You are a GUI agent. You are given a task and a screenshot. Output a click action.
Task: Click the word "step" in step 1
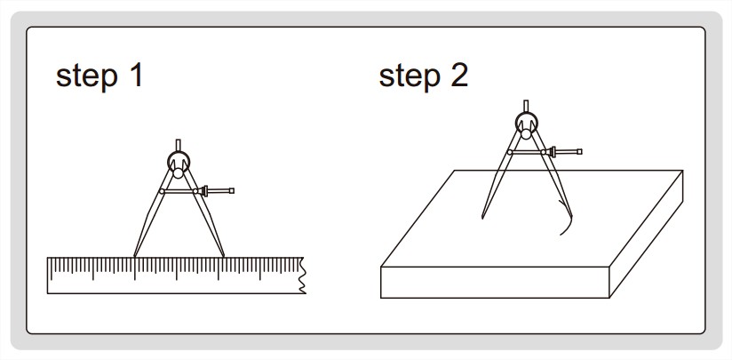tap(86, 76)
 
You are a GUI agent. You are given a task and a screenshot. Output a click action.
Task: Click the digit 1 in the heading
tap(135, 75)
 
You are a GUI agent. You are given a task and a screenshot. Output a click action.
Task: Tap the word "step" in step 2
tap(410, 76)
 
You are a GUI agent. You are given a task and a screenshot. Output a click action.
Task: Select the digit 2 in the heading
tap(459, 75)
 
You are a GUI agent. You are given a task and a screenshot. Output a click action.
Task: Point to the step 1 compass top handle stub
tap(178, 145)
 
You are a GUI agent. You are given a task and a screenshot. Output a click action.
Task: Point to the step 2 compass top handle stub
tap(526, 106)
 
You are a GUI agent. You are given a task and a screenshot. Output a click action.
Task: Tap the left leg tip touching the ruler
tap(134, 256)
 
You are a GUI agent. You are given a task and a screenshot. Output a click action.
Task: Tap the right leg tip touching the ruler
tap(223, 256)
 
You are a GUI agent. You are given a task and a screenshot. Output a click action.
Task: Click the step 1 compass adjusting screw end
tap(232, 190)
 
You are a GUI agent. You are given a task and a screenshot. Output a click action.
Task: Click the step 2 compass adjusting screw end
tap(580, 152)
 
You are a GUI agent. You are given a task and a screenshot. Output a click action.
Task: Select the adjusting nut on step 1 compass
tap(203, 190)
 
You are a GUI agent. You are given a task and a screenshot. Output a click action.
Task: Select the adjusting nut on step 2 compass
tap(552, 152)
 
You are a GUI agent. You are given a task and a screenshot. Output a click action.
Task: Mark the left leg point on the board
tap(482, 217)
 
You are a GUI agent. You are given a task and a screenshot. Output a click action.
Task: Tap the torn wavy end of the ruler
tap(303, 276)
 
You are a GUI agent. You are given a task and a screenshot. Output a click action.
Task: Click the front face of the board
tap(495, 282)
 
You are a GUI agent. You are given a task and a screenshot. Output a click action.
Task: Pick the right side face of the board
tap(647, 234)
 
